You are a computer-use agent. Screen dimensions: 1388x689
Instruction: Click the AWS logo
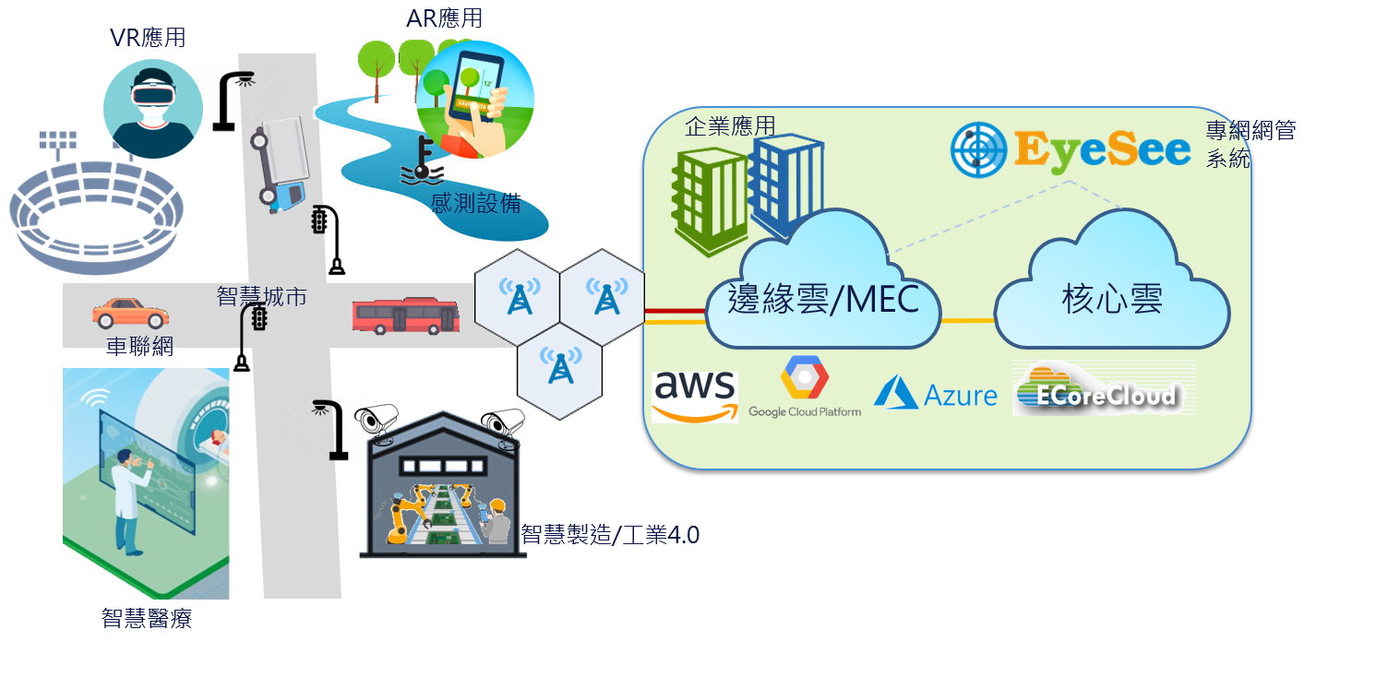point(695,397)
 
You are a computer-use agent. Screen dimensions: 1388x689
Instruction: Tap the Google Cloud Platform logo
point(805,386)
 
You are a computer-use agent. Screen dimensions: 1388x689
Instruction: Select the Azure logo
point(936,393)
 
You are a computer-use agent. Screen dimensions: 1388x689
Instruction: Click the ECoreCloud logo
point(1104,388)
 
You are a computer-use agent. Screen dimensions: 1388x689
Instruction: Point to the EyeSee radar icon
point(979,149)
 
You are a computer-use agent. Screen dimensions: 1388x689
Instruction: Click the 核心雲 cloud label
point(1112,299)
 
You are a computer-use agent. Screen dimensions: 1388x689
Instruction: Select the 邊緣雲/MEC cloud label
point(823,299)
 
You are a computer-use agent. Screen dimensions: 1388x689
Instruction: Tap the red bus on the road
point(406,315)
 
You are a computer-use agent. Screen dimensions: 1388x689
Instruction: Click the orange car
point(130,313)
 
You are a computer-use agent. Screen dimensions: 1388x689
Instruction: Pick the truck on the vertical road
point(281,164)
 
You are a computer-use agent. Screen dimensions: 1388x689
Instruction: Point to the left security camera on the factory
point(377,422)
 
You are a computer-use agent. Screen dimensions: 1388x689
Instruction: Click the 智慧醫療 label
point(147,618)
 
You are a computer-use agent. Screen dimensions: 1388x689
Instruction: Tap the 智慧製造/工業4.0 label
point(610,535)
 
